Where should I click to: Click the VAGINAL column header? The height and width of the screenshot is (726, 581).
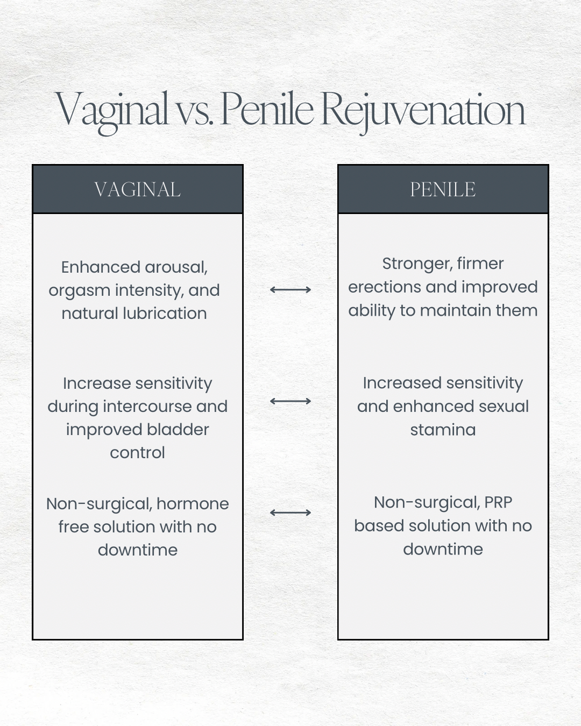coord(137,189)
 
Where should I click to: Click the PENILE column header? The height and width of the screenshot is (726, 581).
coord(443,189)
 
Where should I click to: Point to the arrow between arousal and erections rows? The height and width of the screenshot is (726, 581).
coord(290,289)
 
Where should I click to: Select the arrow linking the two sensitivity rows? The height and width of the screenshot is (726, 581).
coord(290,401)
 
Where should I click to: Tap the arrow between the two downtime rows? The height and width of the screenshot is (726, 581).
coord(290,513)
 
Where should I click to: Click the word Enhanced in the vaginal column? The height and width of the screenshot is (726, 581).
coord(101,267)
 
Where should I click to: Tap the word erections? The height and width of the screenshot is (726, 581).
coord(385,287)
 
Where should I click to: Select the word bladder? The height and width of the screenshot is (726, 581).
coord(178,430)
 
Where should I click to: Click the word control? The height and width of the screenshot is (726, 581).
coord(137,453)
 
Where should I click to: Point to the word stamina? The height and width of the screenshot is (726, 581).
coord(443,430)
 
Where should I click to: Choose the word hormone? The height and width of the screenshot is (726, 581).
coord(193,504)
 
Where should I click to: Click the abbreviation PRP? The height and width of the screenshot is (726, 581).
coord(498,503)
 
